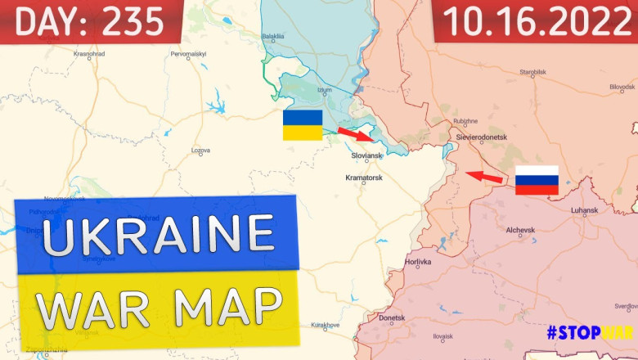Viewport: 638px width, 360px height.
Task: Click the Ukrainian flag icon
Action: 303,125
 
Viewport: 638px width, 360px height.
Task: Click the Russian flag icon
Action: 537,180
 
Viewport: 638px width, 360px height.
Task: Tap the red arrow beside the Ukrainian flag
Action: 353,133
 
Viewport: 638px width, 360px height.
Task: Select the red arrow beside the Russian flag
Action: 484,176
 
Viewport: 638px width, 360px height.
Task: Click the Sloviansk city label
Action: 366,155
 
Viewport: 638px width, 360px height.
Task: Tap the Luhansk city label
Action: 585,210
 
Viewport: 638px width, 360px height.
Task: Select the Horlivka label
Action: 417,263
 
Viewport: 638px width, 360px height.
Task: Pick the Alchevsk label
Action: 520,231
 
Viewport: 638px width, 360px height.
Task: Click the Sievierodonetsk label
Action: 483,137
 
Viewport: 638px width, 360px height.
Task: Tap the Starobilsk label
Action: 532,72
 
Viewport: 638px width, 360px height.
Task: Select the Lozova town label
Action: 200,151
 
